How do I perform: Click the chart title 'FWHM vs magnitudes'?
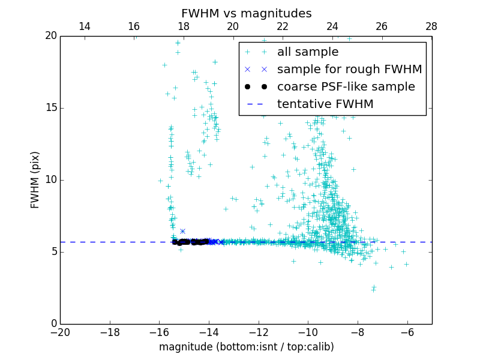(246, 13)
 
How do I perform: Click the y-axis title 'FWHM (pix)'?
(35, 180)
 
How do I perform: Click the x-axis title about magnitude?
(246, 347)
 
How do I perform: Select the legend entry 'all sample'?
(308, 52)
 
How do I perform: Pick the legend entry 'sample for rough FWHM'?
(349, 70)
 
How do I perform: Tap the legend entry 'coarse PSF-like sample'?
(346, 87)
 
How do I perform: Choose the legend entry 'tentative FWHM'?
(325, 104)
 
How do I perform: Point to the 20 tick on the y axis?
(50, 36)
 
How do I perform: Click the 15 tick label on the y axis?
(50, 108)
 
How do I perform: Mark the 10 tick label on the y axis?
(50, 180)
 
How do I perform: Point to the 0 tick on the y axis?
(53, 324)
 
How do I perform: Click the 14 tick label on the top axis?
(85, 26)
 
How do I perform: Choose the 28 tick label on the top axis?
(431, 26)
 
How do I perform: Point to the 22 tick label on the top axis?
(283, 26)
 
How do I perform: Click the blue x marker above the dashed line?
(182, 231)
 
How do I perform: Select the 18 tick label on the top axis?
(184, 26)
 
